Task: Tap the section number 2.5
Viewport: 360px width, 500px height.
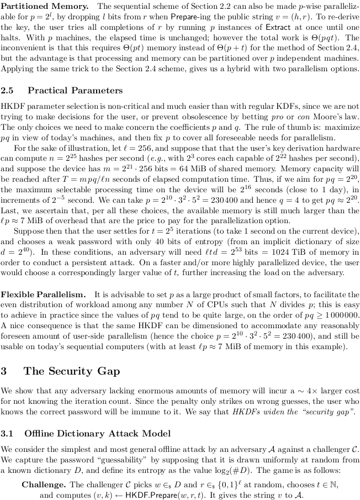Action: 8,90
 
